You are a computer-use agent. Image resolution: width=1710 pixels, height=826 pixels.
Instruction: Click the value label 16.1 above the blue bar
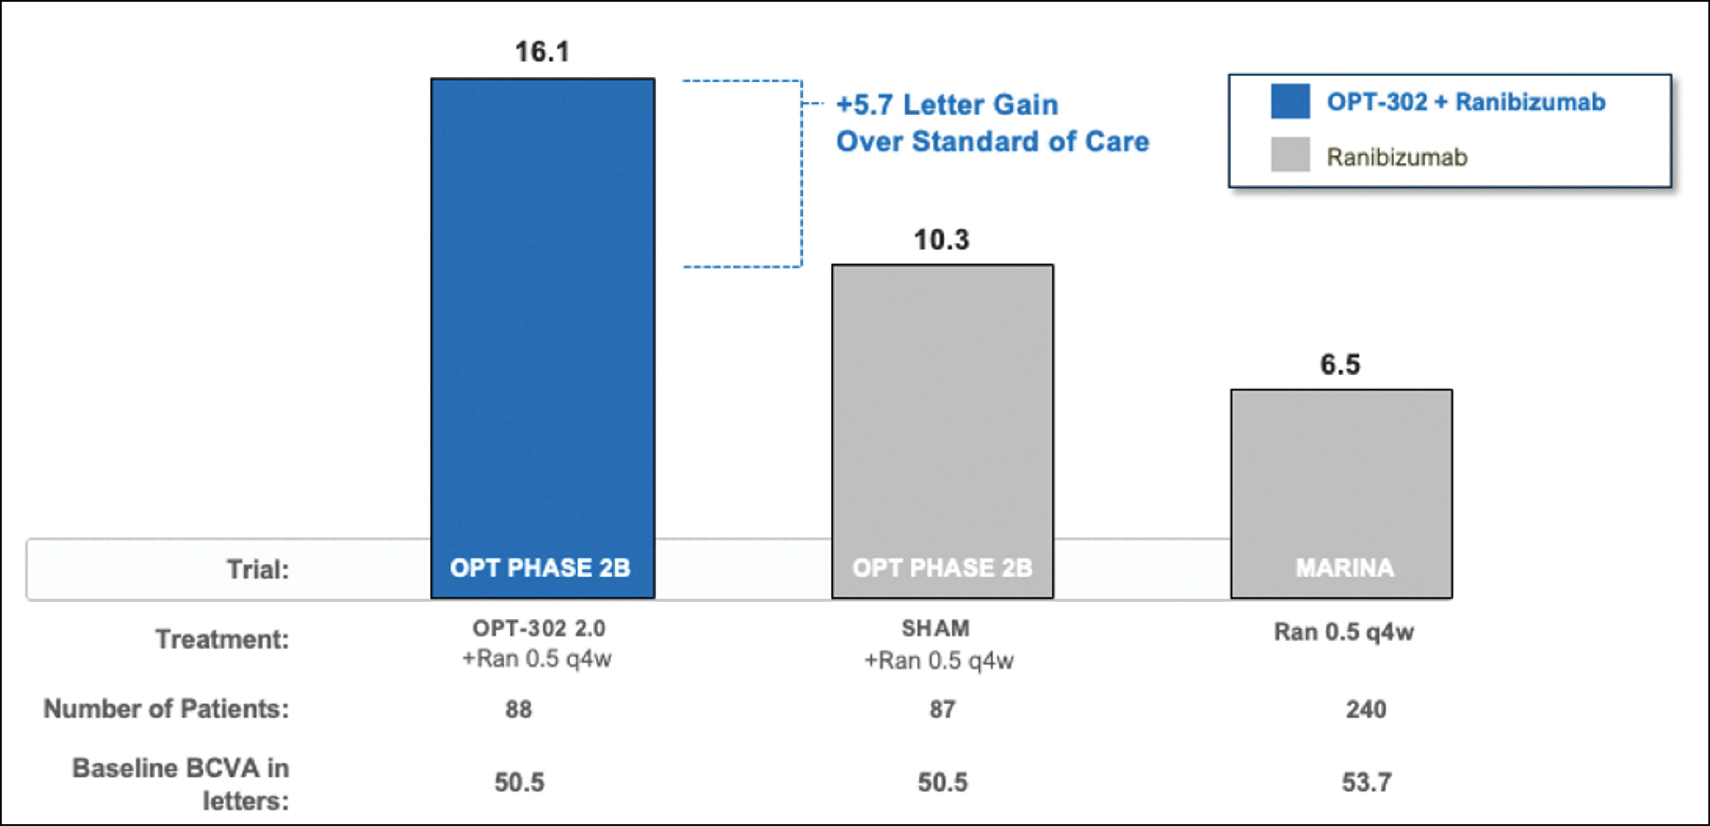(x=542, y=52)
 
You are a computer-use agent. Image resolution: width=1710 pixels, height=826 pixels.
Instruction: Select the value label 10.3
(x=941, y=240)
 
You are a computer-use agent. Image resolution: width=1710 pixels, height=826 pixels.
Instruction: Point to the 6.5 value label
(x=1340, y=364)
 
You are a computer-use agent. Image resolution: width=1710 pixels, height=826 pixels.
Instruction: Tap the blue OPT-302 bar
(x=542, y=299)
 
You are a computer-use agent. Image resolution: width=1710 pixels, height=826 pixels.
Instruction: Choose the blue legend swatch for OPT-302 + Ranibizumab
(x=1290, y=102)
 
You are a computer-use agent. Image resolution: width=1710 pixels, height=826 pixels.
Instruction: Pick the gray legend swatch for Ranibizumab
(x=1290, y=155)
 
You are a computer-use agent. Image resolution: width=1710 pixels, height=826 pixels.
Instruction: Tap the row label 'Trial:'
(x=258, y=570)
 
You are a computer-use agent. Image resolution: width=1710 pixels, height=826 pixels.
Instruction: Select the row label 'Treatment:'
(x=222, y=639)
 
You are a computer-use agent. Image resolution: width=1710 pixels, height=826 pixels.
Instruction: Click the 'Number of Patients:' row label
(x=166, y=709)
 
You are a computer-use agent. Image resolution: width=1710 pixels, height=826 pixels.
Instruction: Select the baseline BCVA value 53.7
(x=1366, y=783)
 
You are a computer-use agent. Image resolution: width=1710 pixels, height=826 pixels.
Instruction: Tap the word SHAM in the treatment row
(x=936, y=628)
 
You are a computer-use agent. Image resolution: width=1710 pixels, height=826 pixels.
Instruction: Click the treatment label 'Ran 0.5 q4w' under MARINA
(x=1344, y=632)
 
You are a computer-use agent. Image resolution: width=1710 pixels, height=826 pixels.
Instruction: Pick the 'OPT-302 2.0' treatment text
(x=538, y=628)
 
